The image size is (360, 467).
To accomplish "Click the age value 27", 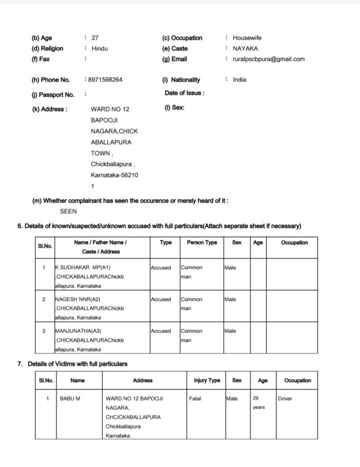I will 95,38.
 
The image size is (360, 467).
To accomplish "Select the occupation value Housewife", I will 247,38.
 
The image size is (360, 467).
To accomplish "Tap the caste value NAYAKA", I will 245,48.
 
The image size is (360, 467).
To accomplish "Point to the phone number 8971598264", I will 106,80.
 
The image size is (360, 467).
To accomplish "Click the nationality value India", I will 239,80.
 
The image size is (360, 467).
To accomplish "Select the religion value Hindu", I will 100,48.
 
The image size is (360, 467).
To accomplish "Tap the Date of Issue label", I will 184,93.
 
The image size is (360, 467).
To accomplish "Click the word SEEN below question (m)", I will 68,212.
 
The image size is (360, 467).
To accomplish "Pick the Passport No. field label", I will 53,95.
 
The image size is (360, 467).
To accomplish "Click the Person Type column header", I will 202,242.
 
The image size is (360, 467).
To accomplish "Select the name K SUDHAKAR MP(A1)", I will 84,268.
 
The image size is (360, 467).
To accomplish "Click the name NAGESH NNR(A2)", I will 81,299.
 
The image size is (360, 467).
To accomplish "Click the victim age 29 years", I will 258,403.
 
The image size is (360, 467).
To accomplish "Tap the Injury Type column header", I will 207,381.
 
